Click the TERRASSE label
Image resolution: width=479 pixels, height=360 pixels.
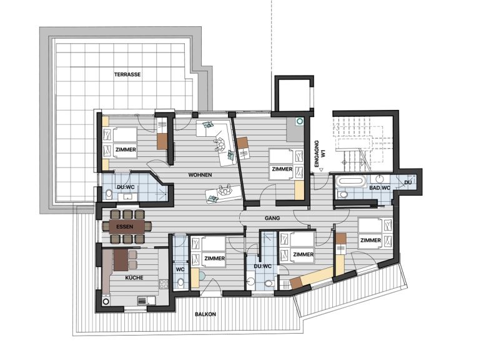click(127, 74)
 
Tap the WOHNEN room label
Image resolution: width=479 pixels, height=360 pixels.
click(200, 175)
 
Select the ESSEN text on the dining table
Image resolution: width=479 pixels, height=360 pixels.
click(125, 227)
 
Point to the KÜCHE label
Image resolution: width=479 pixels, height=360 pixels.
click(134, 277)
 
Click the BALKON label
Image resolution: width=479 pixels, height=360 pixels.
click(205, 314)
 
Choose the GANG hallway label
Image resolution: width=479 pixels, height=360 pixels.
click(272, 218)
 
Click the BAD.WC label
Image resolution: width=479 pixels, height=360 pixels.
click(380, 188)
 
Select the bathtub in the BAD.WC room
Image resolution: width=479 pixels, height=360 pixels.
click(351, 181)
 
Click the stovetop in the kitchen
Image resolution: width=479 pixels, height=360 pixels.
click(164, 284)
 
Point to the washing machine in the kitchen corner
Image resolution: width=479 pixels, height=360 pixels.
click(106, 301)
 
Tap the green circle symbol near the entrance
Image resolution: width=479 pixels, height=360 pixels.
click(300, 121)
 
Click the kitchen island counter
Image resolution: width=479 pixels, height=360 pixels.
click(121, 260)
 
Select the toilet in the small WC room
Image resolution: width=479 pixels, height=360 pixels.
click(180, 282)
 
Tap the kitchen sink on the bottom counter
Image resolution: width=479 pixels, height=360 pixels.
click(142, 301)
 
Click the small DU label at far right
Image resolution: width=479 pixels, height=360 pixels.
click(408, 182)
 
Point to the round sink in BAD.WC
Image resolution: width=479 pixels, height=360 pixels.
click(380, 178)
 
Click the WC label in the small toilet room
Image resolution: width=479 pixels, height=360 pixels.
click(180, 270)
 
